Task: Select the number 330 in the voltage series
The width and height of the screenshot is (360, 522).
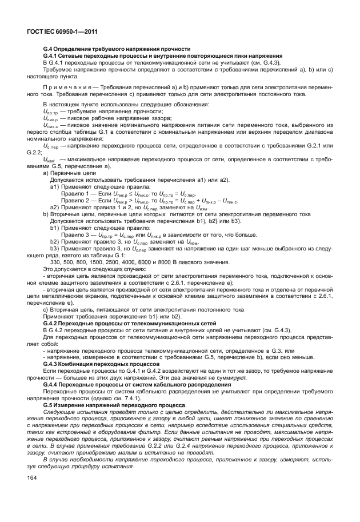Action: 57,261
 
